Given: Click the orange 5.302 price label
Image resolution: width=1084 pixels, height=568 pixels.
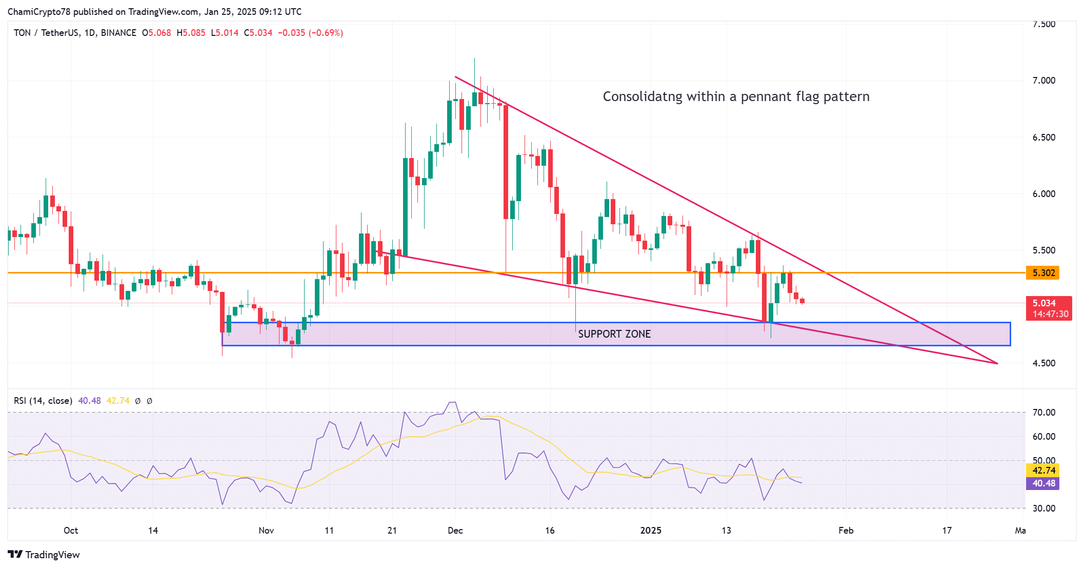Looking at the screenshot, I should tap(1042, 272).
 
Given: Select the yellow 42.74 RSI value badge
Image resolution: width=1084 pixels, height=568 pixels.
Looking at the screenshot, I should tap(1042, 470).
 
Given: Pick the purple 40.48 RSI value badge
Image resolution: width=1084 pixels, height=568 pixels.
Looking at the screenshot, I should tap(1042, 483).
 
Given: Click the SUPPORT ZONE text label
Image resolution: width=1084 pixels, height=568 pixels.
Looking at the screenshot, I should tap(614, 334).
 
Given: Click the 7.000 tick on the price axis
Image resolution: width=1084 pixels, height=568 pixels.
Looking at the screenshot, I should tap(1043, 81).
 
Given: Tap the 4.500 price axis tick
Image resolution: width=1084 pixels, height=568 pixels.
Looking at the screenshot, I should tap(1043, 363).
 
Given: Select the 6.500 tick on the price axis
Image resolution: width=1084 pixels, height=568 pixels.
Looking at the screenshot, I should tap(1043, 138).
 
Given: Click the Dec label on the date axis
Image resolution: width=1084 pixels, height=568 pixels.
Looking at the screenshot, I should tap(455, 531).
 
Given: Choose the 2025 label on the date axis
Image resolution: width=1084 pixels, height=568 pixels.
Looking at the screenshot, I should tap(650, 531).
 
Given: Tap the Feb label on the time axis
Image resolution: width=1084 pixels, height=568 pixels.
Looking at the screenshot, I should tap(846, 531).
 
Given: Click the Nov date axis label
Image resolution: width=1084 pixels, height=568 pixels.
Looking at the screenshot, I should tap(266, 531).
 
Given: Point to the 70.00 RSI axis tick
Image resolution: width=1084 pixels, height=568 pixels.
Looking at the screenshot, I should tap(1043, 413).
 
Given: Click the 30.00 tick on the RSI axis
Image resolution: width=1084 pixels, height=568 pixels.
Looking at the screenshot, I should tap(1043, 508).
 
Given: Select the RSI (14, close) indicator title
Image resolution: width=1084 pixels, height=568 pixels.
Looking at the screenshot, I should tap(43, 401).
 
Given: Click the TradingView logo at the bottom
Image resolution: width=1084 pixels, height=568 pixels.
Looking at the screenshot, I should tap(44, 555).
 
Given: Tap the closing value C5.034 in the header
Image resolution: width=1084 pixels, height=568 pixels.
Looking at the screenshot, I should tap(258, 33).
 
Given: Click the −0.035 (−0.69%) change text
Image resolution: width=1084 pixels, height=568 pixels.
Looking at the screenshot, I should tap(310, 33).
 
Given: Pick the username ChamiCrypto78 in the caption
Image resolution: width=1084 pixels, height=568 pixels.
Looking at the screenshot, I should tap(39, 12).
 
